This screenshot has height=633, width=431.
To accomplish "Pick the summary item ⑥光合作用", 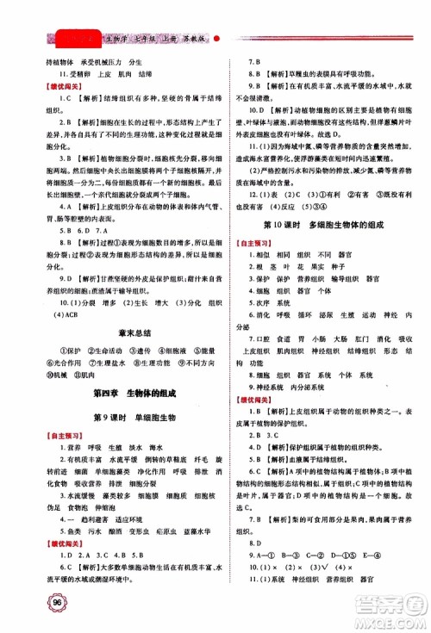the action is (54, 363).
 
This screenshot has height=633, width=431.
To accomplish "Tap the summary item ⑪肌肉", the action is (80, 375).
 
